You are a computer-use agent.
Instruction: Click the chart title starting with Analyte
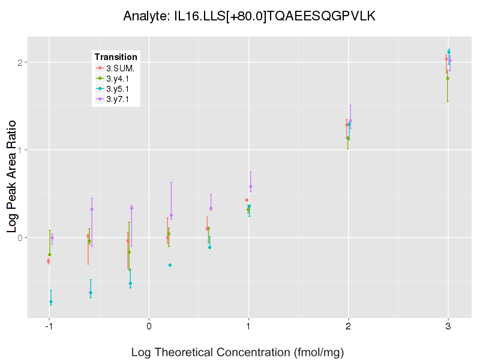tap(249, 16)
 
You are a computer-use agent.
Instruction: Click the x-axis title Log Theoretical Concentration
tap(237, 352)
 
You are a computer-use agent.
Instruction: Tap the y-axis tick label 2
tap(20, 62)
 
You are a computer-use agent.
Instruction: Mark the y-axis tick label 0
tap(20, 238)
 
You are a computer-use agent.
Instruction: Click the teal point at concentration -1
tap(51, 302)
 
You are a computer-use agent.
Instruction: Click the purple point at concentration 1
tap(251, 187)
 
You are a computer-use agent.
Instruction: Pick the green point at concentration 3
tap(448, 78)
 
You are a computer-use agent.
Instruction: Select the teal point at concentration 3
tap(449, 52)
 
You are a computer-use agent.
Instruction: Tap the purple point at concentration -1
tap(52, 238)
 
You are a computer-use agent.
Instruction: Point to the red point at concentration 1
tap(247, 200)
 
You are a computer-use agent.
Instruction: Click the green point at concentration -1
tap(50, 254)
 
